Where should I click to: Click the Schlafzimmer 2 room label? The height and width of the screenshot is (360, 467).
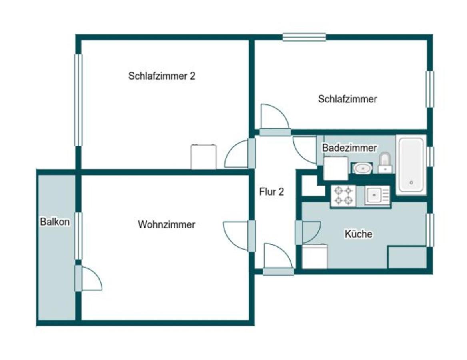coord(162,76)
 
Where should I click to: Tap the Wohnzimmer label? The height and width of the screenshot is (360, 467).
coord(166,224)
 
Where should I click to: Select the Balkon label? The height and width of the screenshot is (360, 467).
coord(55,222)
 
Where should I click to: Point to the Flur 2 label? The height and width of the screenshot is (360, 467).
coord(271,192)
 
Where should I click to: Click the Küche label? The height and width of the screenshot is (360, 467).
coord(358,234)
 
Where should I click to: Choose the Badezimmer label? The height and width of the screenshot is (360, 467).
coord(349,148)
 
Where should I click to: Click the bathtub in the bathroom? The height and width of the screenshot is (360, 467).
coord(411,164)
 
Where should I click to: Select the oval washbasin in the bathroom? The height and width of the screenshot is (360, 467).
coord(362,168)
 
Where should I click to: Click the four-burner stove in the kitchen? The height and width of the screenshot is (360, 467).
coord(343,196)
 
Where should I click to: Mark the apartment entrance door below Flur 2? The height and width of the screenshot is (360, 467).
coord(278,260)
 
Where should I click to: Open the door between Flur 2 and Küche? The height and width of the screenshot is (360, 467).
coord(308,232)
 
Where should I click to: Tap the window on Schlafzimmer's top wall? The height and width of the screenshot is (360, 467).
coord(304,37)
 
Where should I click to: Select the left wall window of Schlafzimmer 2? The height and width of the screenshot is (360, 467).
coord(78,100)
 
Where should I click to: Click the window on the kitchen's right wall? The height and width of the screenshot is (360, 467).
coord(430,230)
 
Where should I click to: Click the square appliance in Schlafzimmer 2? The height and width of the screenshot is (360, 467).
coord(204,157)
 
